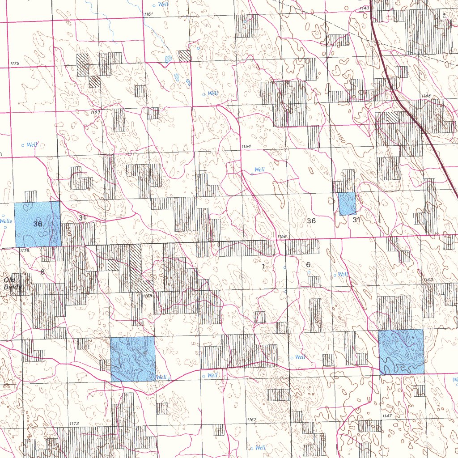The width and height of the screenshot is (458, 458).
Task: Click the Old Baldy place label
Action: tap(13, 284)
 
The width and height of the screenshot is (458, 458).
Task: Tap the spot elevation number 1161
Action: tap(148, 15)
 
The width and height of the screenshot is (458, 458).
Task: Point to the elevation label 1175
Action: tap(14, 64)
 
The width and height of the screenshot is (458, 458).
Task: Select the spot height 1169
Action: tap(95, 111)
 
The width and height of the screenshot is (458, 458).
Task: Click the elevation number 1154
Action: tap(246, 147)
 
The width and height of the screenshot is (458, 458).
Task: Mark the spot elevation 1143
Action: tap(365, 8)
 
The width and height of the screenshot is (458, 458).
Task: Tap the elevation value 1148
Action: tap(426, 96)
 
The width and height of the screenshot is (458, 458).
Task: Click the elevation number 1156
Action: tap(282, 237)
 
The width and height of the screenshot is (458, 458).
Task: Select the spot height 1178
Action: tap(25, 251)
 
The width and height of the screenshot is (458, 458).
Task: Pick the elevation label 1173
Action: tap(74, 423)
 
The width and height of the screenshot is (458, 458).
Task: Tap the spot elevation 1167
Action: tap(251, 420)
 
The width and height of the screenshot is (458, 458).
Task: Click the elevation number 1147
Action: tap(387, 416)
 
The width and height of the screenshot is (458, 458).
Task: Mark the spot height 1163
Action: tap(428, 280)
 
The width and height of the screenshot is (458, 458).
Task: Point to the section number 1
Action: tap(263, 267)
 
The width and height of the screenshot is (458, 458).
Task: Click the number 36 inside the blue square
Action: tap(38, 224)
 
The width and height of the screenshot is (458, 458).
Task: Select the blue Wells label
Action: tap(6, 221)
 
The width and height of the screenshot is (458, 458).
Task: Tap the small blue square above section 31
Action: tap(347, 204)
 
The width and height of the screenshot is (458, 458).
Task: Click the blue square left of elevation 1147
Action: tap(401, 352)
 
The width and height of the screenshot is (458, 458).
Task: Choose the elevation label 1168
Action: tap(148, 296)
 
